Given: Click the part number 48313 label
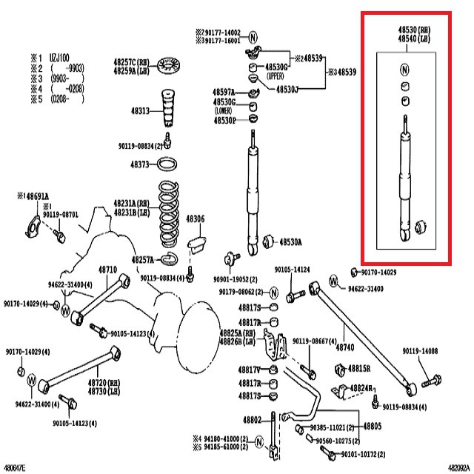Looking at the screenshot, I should (x=140, y=110).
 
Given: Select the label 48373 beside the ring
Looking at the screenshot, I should (x=140, y=164).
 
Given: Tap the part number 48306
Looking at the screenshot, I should (x=195, y=219).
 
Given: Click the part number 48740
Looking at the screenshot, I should (x=345, y=346).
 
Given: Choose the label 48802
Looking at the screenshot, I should (x=253, y=421).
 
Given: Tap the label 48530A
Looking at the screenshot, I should (x=290, y=242).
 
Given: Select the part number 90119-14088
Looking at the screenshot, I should (x=421, y=351).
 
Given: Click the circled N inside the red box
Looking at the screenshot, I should (x=405, y=70).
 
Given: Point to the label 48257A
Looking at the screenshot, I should (x=142, y=260).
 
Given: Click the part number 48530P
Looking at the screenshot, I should (x=224, y=120).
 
